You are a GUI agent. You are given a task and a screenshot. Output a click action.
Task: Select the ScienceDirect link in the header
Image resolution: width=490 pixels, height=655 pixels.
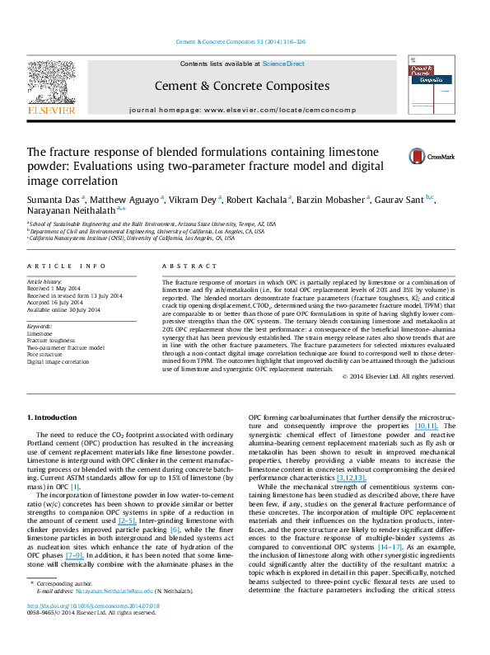coord(284,64)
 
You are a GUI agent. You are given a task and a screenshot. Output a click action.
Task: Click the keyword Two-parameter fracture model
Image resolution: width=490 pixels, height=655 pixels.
coord(66,347)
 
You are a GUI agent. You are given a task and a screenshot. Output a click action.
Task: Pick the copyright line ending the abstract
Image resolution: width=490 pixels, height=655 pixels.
coord(399,376)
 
